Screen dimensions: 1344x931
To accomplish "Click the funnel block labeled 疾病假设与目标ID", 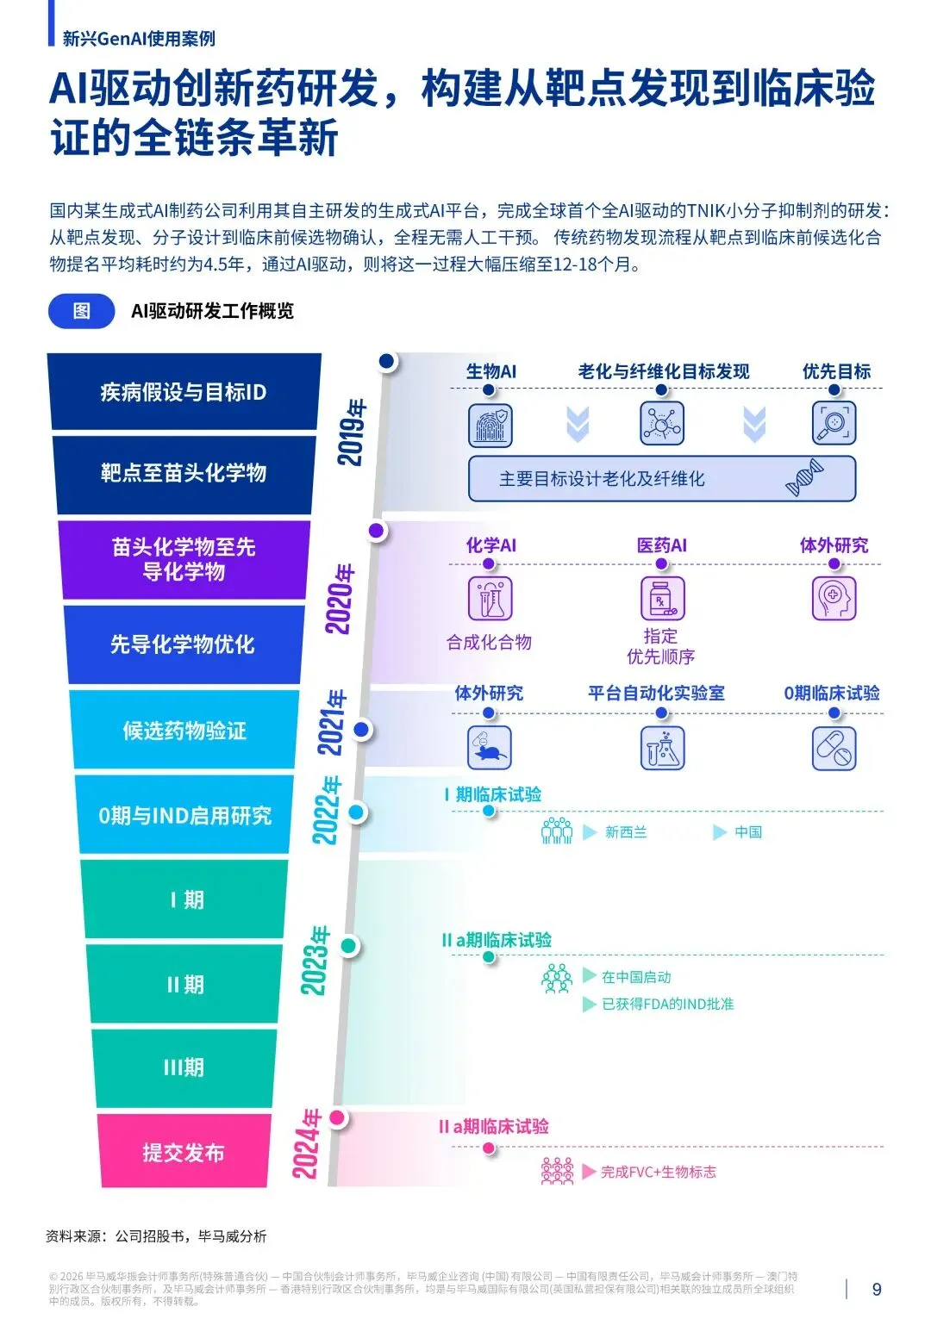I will coord(184,392).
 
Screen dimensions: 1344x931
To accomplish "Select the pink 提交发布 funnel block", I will coord(184,1152).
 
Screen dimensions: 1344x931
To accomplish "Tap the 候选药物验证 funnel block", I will coord(184,731).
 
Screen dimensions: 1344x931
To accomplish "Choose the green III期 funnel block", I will coord(184,1068).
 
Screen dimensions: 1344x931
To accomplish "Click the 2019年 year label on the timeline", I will coord(352,432).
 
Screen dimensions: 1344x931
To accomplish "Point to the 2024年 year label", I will coord(307,1144).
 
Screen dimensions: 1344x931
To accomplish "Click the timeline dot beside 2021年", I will coord(362,730).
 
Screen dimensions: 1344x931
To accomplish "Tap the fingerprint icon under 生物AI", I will coord(490,425).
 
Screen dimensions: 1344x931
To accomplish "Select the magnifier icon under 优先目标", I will coord(834,423).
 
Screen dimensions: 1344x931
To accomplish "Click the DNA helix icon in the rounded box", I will coord(804,478).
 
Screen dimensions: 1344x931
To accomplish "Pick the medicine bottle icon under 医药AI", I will coord(662,599).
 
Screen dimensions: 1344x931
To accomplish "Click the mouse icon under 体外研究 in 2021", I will coord(490,748).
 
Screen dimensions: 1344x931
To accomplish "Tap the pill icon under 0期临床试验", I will coord(834,748).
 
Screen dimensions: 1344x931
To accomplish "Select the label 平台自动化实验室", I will coord(656,694).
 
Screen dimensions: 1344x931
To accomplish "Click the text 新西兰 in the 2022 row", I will coord(626,832).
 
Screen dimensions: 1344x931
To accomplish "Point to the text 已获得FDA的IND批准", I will coord(667,1004).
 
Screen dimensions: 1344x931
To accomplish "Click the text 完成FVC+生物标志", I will coord(659,1172).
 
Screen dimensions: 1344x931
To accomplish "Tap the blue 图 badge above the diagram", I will coord(82,311).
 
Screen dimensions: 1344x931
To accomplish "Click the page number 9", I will coord(877,1290).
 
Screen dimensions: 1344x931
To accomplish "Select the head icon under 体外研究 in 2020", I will coord(834,598).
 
